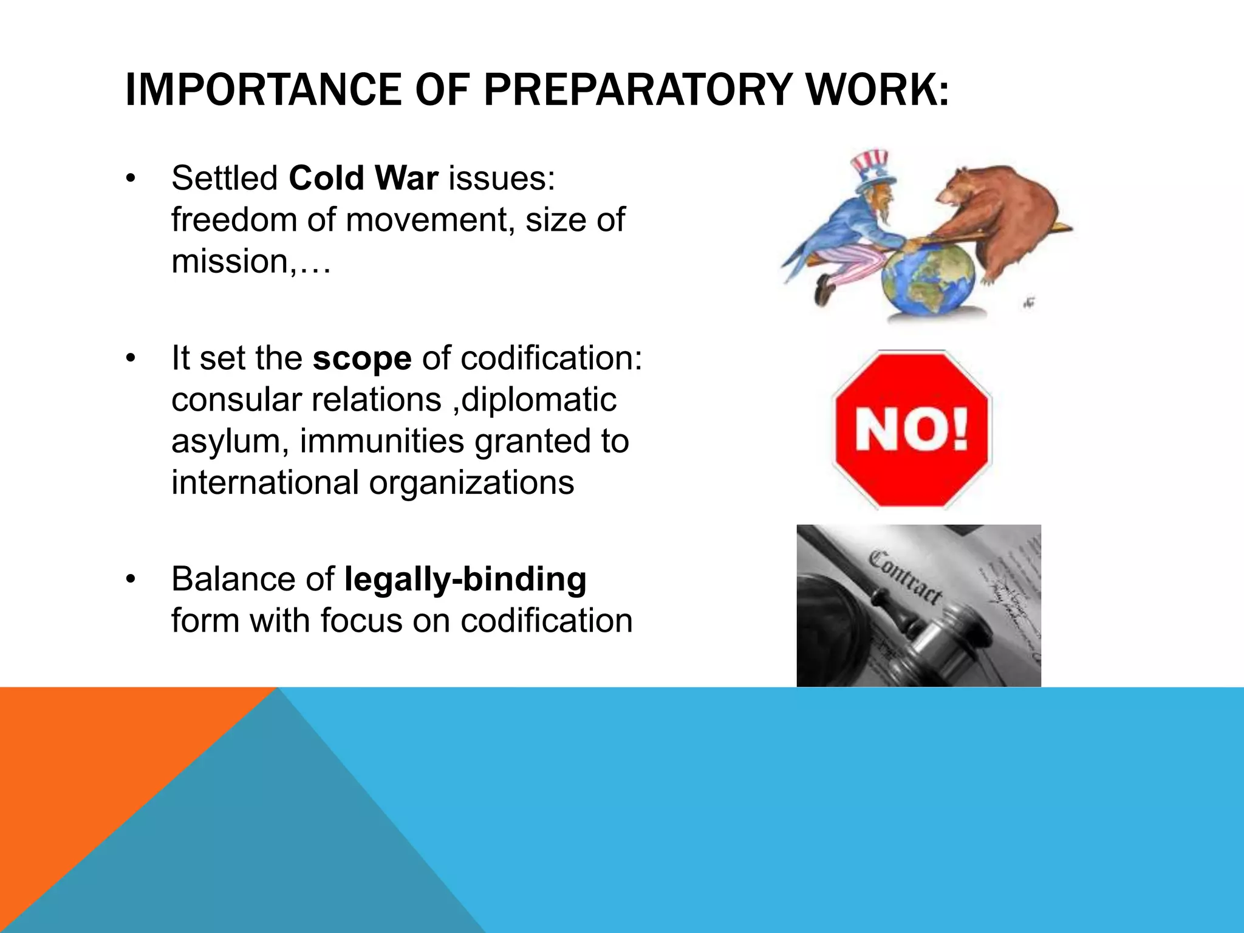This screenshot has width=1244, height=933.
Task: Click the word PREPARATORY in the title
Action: click(x=637, y=90)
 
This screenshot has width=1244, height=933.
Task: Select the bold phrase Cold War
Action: click(x=363, y=179)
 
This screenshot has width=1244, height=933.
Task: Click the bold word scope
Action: click(x=362, y=358)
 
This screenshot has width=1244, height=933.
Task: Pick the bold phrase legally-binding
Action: click(x=465, y=579)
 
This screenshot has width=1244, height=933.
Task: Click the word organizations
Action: click(x=471, y=483)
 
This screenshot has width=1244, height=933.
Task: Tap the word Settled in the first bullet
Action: click(x=225, y=179)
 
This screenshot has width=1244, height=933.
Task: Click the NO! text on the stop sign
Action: click(x=912, y=429)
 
